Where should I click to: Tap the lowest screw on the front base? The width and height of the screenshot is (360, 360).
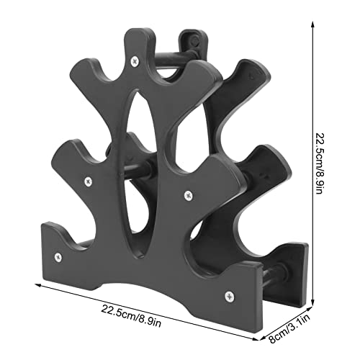click(230, 294)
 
